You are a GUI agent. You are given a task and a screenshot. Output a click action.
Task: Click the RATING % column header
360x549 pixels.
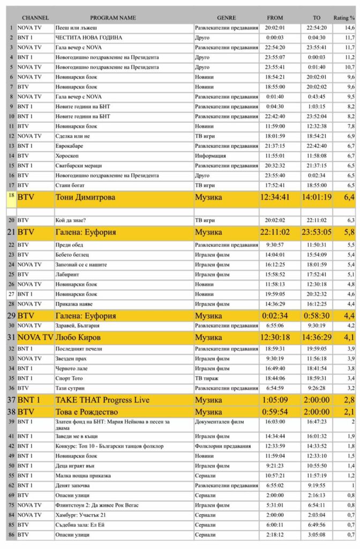click(x=344, y=18)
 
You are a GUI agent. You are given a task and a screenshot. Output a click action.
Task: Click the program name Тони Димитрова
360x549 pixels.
click(x=86, y=197)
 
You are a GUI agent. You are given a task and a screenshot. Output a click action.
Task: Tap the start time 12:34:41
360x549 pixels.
click(x=274, y=197)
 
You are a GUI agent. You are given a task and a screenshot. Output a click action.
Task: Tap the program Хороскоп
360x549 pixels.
click(x=68, y=155)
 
